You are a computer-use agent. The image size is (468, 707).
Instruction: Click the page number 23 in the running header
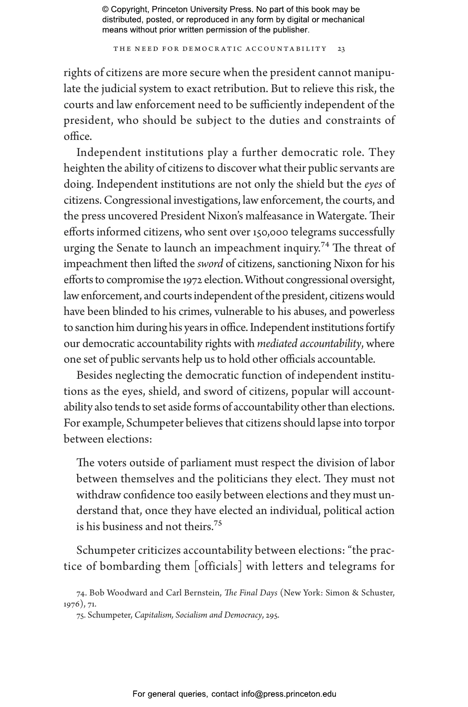[x=342, y=49]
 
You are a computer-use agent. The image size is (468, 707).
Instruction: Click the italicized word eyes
[x=373, y=185]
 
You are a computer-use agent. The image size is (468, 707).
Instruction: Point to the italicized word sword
[x=210, y=264]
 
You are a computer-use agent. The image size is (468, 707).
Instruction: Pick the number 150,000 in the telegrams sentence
[x=270, y=232]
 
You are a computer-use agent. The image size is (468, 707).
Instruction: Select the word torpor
[x=380, y=423]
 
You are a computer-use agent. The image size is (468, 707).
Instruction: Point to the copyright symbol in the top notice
[x=106, y=10]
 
